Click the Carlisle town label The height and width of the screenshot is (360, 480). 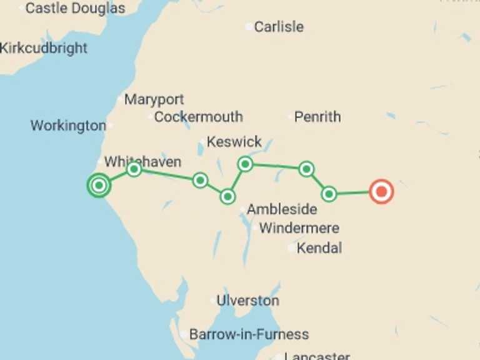[279, 27]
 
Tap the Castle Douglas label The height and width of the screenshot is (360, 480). [75, 8]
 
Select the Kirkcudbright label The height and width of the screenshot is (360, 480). [44, 48]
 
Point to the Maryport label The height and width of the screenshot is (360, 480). [154, 99]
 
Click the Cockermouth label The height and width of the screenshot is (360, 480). [198, 117]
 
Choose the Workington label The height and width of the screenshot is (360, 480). [68, 126]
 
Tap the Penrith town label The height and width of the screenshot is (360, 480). [317, 117]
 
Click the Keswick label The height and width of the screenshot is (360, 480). [234, 142]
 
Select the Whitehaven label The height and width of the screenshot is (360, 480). [142, 162]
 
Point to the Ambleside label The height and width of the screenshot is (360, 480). [282, 210]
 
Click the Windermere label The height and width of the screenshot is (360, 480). [299, 228]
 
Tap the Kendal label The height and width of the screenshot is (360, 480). [319, 248]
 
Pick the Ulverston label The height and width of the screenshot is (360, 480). [247, 301]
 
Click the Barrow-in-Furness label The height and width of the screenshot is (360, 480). [249, 334]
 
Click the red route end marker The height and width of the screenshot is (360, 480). [381, 191]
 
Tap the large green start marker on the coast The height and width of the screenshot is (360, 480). [98, 185]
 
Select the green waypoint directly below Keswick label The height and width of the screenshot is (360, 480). [245, 164]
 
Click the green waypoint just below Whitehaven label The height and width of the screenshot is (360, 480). [134, 169]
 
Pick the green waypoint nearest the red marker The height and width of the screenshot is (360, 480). [329, 194]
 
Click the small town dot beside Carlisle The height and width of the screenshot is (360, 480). [249, 27]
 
